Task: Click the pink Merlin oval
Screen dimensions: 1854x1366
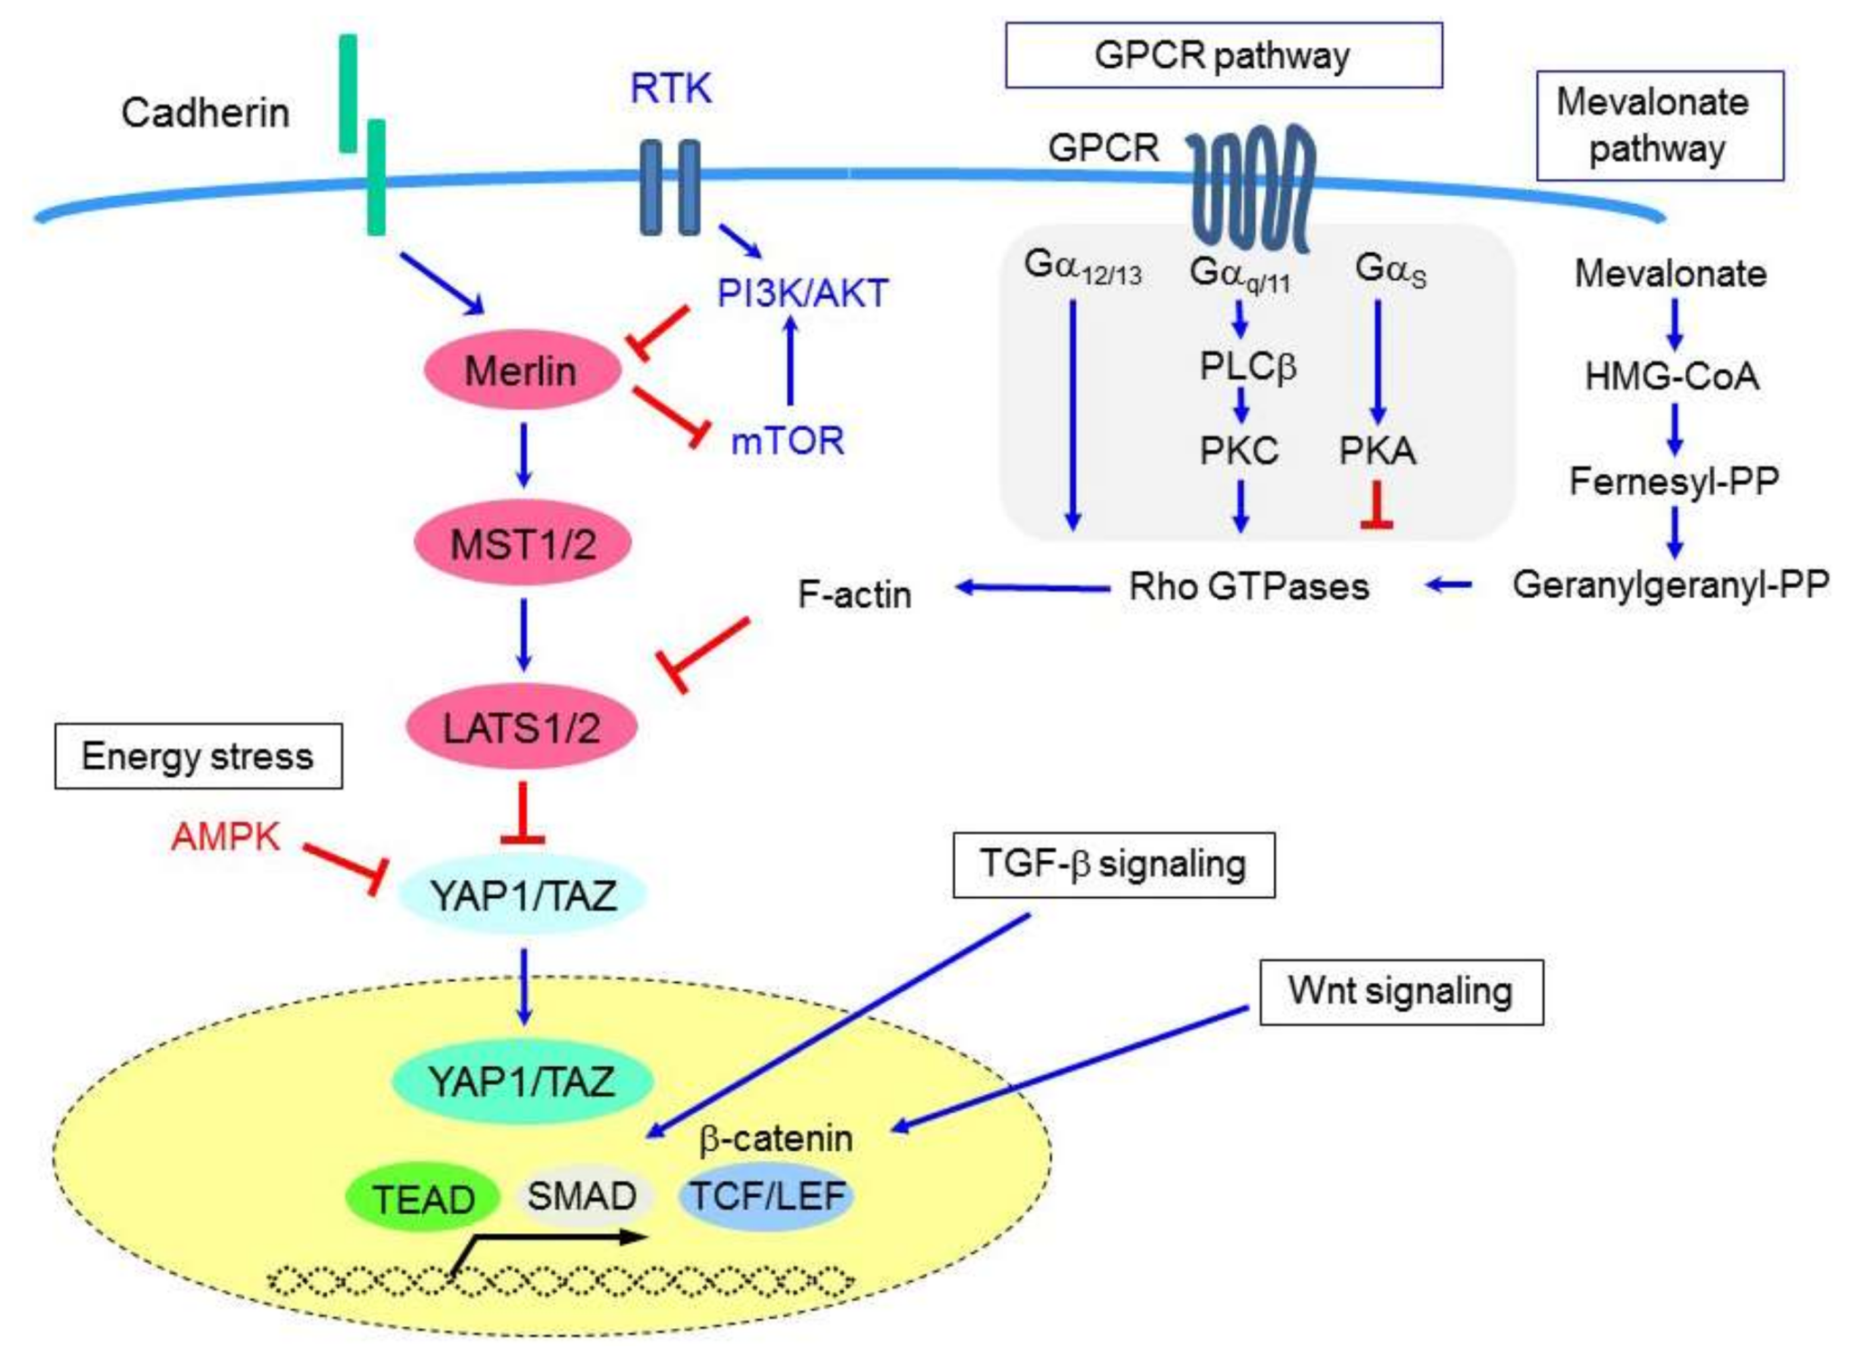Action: point(522,370)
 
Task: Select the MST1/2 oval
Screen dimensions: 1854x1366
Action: point(522,543)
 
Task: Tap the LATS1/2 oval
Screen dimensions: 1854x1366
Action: point(522,726)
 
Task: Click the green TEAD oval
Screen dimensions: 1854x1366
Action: point(423,1198)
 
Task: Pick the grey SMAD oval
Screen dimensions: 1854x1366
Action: point(582,1196)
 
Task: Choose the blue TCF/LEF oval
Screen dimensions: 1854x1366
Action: point(767,1196)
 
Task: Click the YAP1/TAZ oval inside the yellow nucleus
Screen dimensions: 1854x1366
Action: point(522,1081)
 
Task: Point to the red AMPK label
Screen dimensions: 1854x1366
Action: point(225,837)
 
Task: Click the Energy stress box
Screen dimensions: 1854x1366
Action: point(199,756)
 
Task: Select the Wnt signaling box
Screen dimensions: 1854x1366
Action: point(1401,992)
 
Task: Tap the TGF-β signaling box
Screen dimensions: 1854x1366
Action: point(1114,865)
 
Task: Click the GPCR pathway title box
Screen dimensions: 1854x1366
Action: point(1224,55)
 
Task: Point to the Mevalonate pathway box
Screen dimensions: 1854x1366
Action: point(1661,126)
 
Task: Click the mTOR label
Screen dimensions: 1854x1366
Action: point(787,441)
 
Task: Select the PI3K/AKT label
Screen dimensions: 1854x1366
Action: point(802,293)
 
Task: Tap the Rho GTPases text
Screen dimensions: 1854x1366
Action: point(1249,586)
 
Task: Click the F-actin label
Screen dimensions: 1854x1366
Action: point(855,594)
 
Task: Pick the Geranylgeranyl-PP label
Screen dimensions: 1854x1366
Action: point(1671,585)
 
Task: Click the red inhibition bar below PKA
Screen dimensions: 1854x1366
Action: point(1377,505)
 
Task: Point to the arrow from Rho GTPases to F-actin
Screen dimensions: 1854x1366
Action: point(1033,588)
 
